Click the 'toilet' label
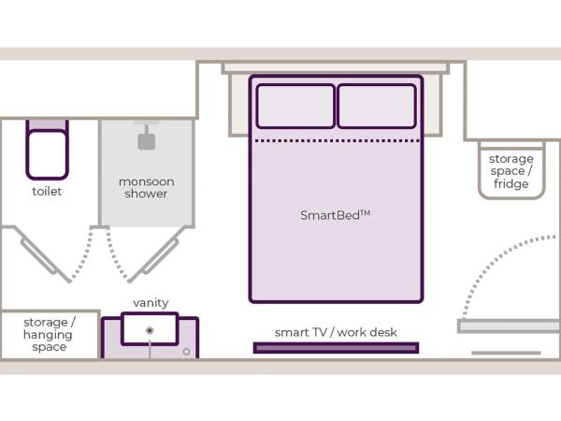coord(47,192)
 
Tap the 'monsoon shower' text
coord(147,187)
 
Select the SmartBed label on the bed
coord(335,215)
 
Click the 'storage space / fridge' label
coord(511,171)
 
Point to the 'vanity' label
coord(151,303)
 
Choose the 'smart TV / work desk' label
coord(336,332)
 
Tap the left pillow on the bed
coord(295,106)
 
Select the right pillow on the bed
coord(376,106)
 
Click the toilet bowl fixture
coord(47,152)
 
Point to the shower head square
coord(147,141)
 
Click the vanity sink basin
coord(150,329)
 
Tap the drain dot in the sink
coord(150,330)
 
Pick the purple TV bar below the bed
coord(336,348)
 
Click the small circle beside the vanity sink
coord(187,352)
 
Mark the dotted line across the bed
coord(336,141)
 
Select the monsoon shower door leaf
coord(155,256)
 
